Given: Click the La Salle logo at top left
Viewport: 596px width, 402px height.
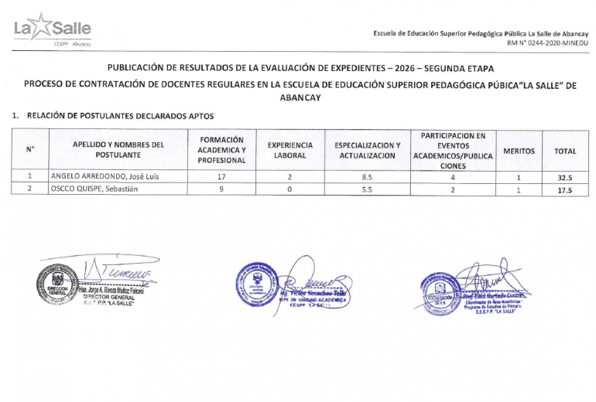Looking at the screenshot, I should pyautogui.click(x=52, y=30).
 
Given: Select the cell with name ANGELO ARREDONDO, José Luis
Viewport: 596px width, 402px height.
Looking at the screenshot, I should pyautogui.click(x=104, y=177).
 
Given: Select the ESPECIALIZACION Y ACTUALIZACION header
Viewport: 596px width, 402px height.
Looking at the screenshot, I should pyautogui.click(x=367, y=150).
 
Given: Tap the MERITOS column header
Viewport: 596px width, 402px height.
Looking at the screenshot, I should pyautogui.click(x=519, y=151).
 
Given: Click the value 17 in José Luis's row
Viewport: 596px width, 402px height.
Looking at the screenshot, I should pyautogui.click(x=221, y=177).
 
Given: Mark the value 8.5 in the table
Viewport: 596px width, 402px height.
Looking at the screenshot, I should pyautogui.click(x=367, y=177).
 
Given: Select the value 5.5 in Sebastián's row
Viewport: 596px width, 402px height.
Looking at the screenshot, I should pyautogui.click(x=367, y=189).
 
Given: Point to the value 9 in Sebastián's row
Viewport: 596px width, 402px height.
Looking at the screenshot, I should pyautogui.click(x=221, y=189).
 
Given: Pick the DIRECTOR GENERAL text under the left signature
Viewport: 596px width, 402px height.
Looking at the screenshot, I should pyautogui.click(x=108, y=297).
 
